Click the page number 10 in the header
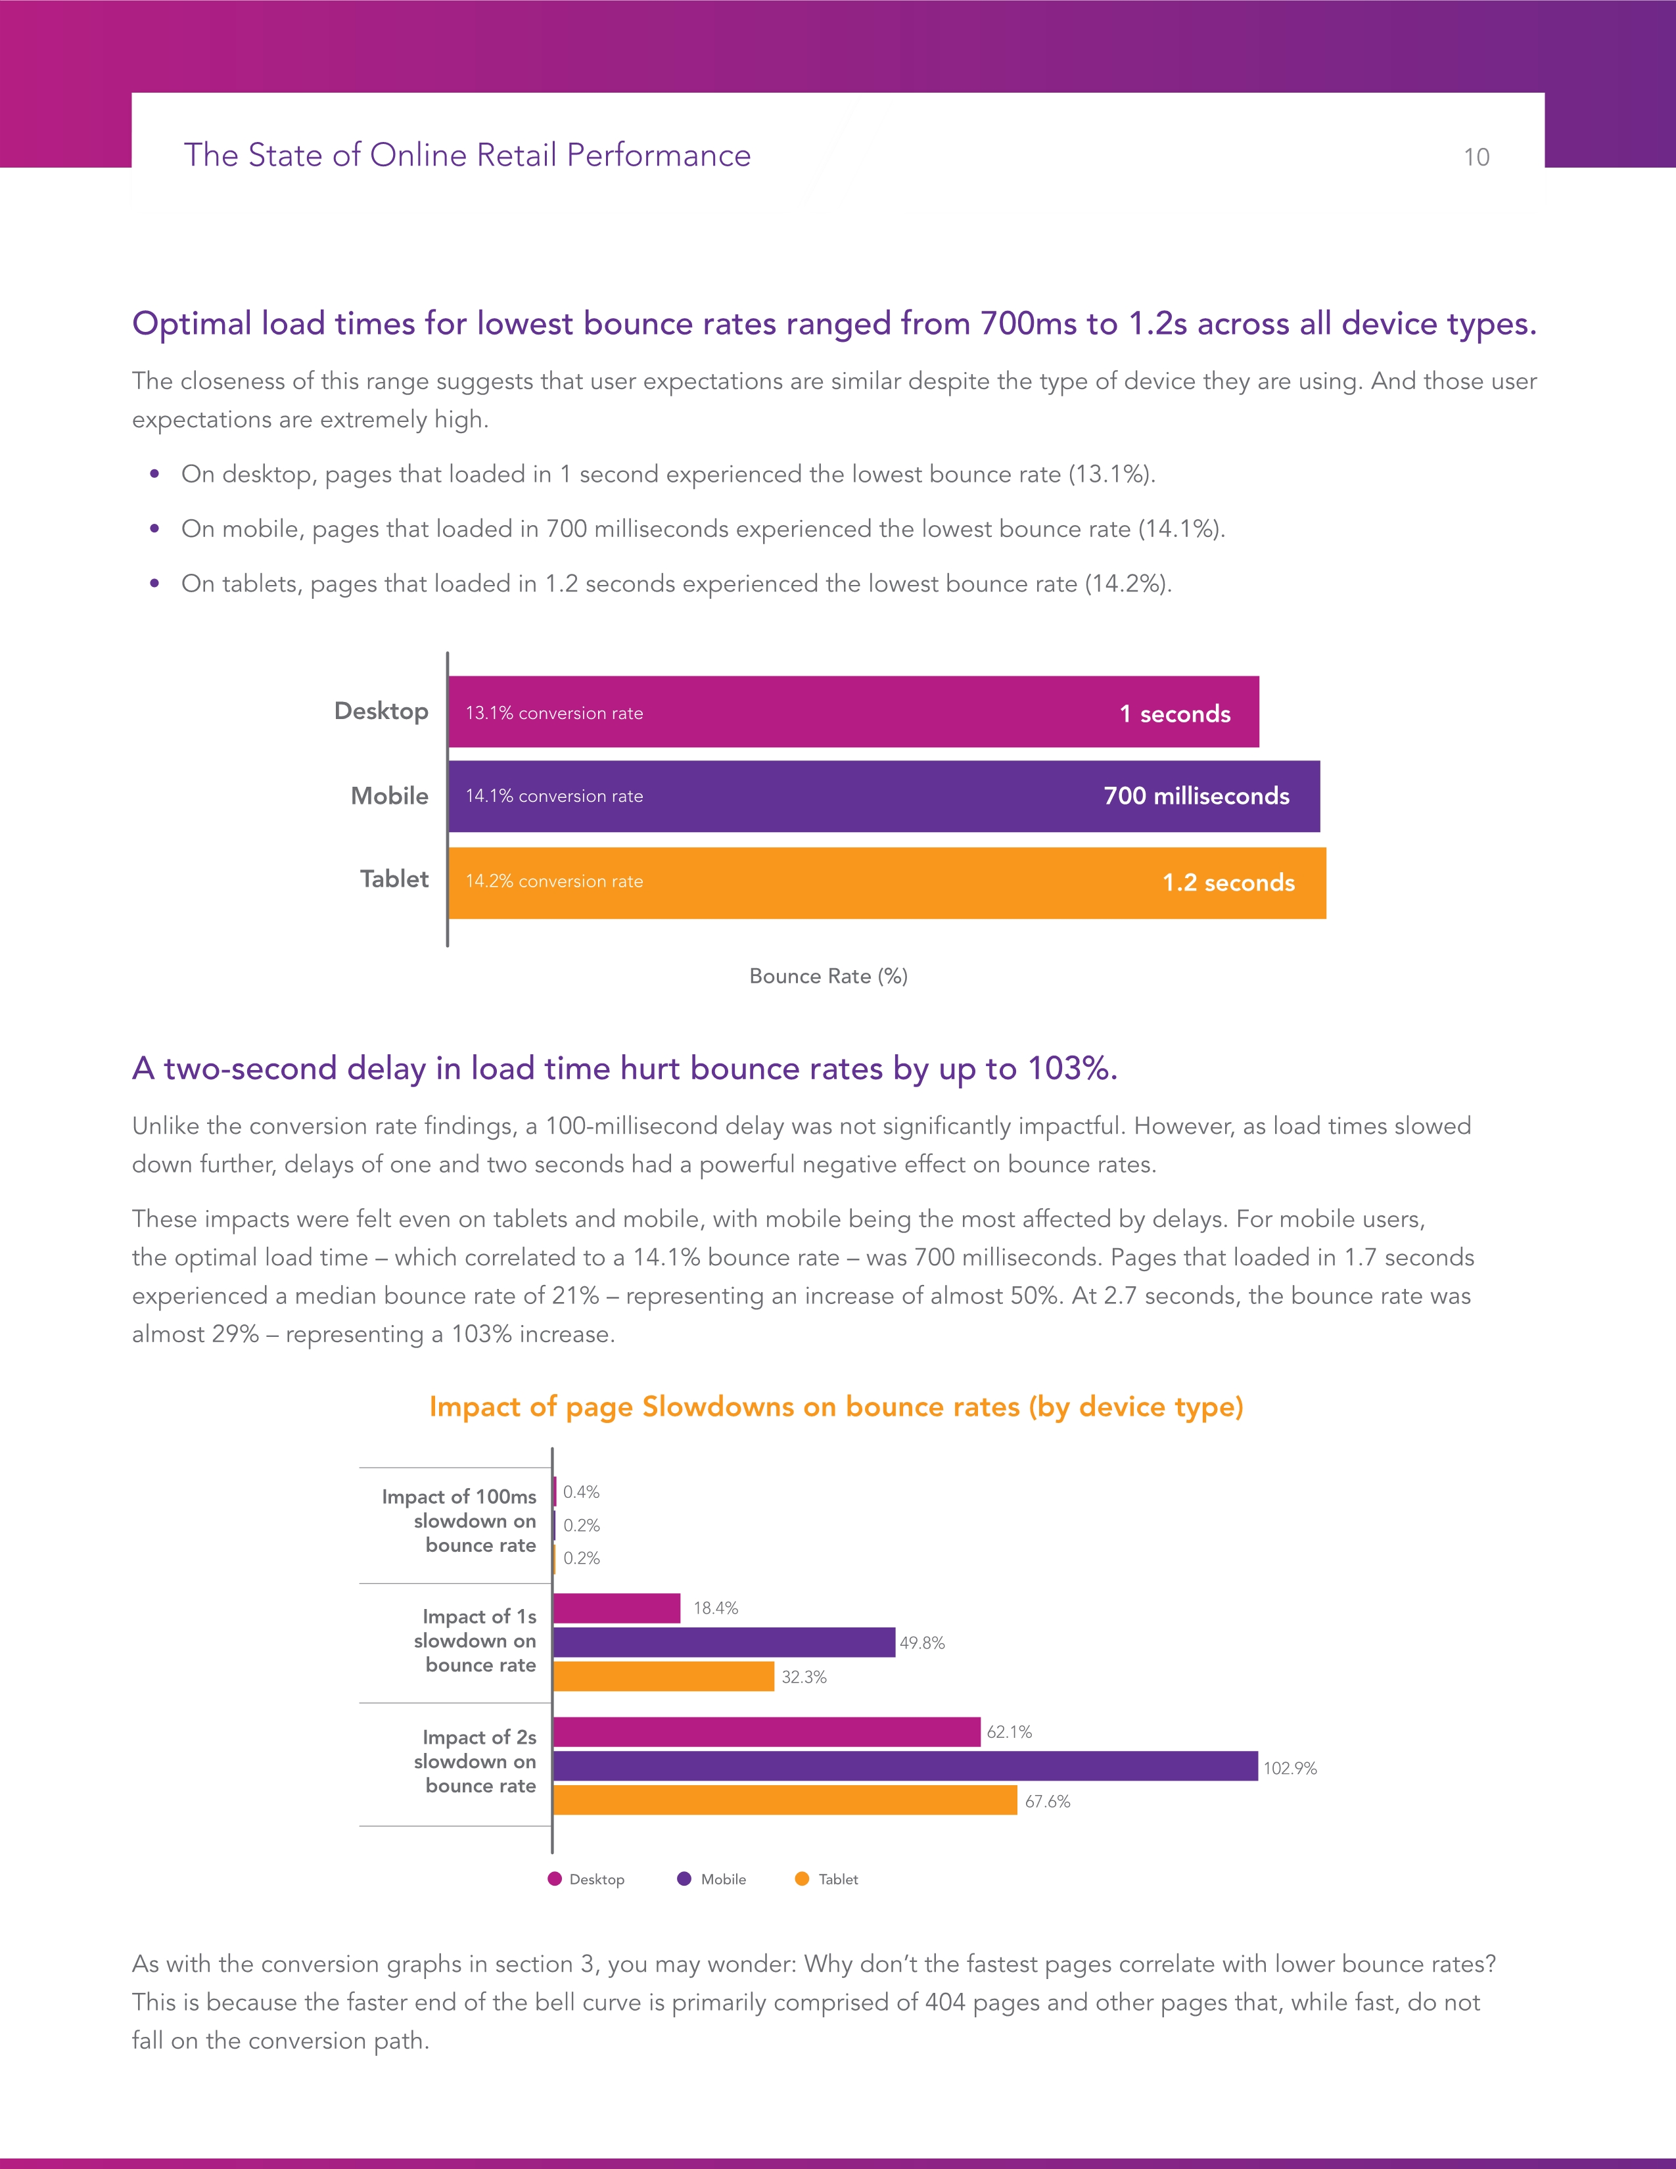(x=1476, y=157)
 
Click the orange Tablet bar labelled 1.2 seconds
(x=886, y=883)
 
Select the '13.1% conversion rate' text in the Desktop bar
(x=554, y=713)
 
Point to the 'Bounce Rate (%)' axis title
(x=828, y=976)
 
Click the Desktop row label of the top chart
(x=381, y=711)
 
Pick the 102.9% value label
(x=1290, y=1768)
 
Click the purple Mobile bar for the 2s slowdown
(x=904, y=1766)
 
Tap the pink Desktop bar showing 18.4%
(x=617, y=1608)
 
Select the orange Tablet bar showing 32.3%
(x=663, y=1677)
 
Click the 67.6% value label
(x=1048, y=1802)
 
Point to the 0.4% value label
(x=581, y=1492)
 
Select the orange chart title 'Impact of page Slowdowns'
(x=836, y=1407)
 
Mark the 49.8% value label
(x=921, y=1643)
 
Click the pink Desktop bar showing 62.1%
(x=766, y=1732)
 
